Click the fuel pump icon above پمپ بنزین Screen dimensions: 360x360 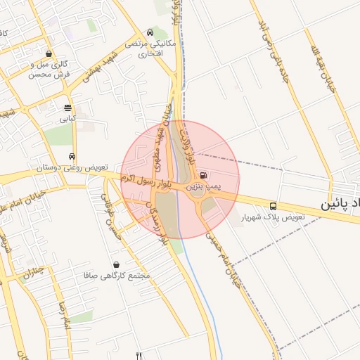pos(202,175)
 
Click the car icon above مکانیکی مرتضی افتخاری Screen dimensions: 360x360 pos(150,32)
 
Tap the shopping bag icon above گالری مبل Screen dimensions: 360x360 pos(48,53)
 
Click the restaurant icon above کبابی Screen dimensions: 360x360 pos(67,108)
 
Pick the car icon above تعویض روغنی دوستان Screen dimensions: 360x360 pos(72,156)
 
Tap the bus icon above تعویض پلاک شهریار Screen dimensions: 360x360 pos(273,206)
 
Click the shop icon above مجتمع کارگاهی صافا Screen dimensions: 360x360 pos(115,264)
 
